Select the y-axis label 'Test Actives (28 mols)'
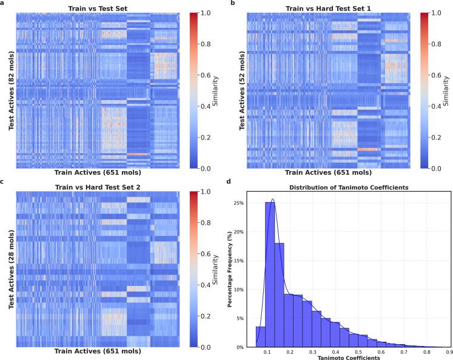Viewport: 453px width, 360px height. coord(10,269)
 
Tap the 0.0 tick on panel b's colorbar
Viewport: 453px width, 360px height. coord(443,168)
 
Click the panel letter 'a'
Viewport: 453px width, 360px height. coord(2,4)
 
